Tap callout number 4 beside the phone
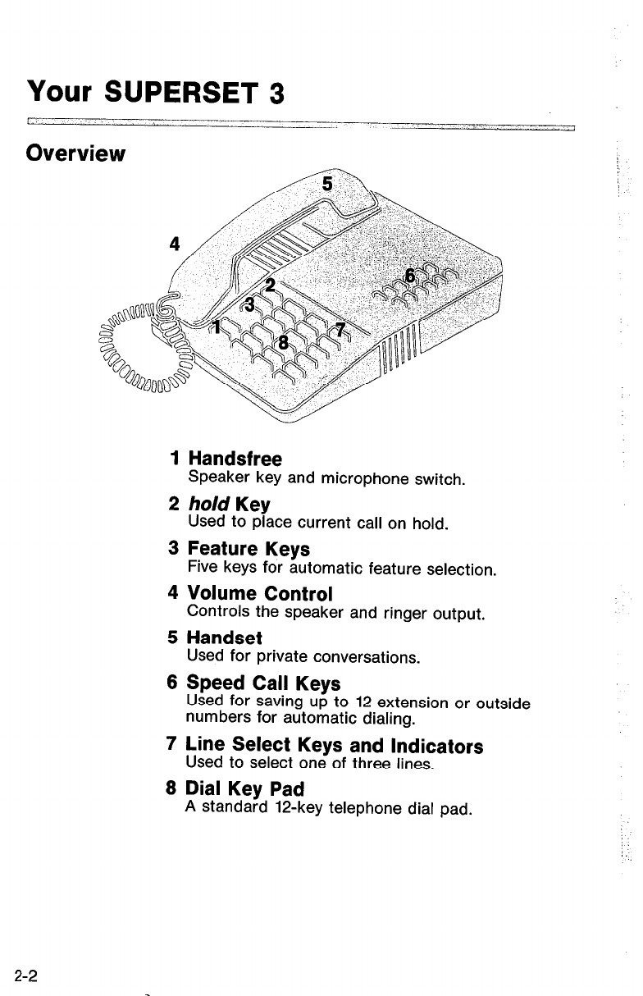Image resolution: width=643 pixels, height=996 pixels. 173,244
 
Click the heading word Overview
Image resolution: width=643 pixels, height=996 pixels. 75,153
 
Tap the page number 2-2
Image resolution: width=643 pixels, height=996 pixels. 27,975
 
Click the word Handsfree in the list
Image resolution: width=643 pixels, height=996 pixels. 235,459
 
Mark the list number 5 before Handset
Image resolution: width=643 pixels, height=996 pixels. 172,637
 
